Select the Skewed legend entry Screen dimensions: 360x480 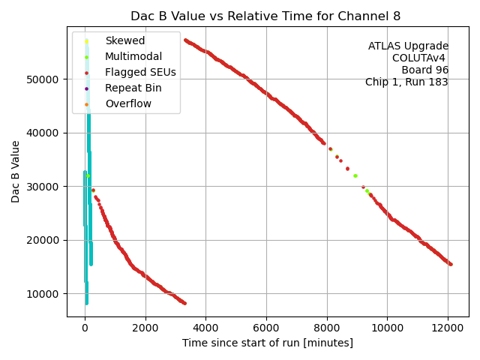point(124,40)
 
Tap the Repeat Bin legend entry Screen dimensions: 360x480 point(133,88)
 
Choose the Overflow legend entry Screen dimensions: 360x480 point(128,103)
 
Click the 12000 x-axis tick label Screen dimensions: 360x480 point(448,328)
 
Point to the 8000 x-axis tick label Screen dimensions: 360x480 point(326,328)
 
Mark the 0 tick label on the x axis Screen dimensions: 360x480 point(85,328)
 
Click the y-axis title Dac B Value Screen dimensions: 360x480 point(16,171)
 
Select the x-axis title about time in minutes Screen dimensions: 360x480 point(267,343)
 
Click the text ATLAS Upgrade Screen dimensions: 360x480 point(408,46)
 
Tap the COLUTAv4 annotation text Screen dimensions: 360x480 point(420,58)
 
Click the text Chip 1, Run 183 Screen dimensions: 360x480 point(406,82)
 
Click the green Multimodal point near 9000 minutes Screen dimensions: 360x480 point(355,175)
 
